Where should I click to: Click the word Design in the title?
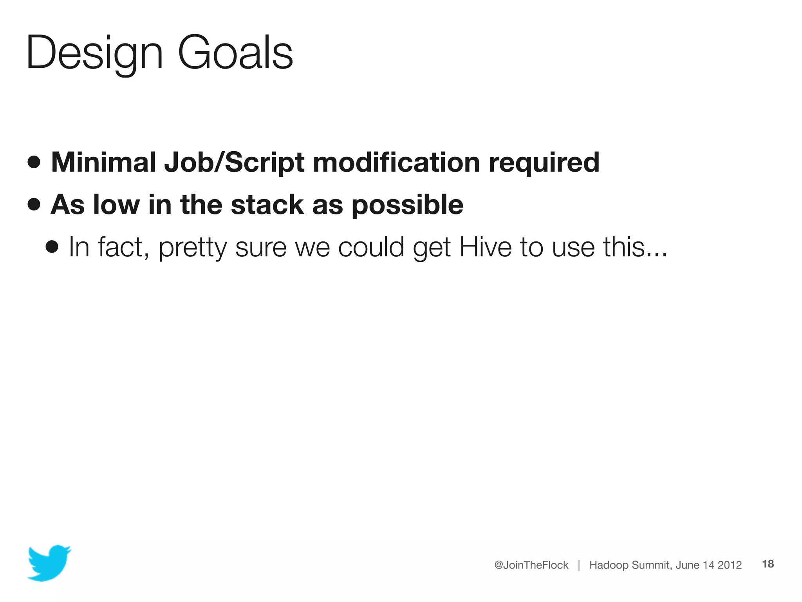click(x=94, y=53)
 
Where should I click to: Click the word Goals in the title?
click(x=235, y=53)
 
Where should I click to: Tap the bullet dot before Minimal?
click(x=34, y=162)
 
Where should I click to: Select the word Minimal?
click(x=103, y=162)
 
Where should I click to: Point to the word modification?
click(x=396, y=162)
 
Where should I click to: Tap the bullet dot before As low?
click(x=34, y=204)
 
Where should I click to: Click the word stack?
click(x=267, y=204)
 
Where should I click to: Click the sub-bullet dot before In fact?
click(x=52, y=247)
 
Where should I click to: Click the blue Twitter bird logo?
click(x=49, y=562)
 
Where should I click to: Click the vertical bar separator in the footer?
click(x=579, y=565)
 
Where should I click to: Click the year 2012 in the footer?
click(x=730, y=565)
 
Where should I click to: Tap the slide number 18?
click(x=768, y=564)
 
